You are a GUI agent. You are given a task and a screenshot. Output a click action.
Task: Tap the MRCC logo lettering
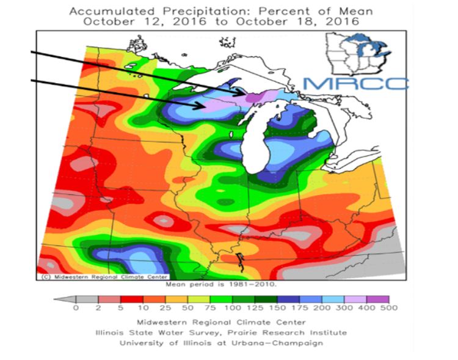(x=355, y=83)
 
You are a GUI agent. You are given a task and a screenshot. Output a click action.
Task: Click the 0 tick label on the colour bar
(x=76, y=308)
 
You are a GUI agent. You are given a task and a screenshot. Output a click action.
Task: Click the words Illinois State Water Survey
(x=150, y=332)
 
